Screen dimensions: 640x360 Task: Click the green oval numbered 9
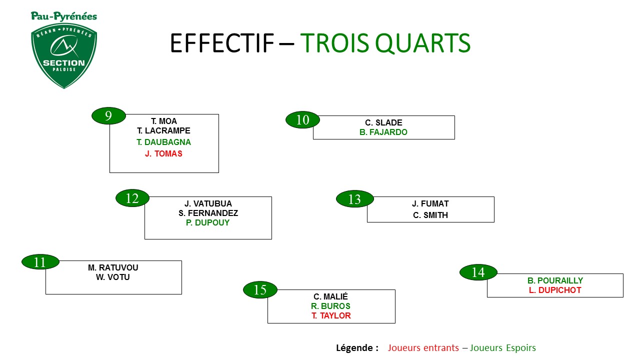(x=108, y=115)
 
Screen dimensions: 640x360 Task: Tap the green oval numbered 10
(x=302, y=119)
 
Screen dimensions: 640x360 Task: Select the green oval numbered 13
(x=355, y=199)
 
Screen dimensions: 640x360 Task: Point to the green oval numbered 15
(x=260, y=289)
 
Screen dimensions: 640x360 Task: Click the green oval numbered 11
(x=40, y=261)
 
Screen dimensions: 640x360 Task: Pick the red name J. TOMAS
(x=163, y=153)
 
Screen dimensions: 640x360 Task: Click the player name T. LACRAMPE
(x=163, y=131)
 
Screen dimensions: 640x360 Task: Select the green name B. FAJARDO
(x=383, y=132)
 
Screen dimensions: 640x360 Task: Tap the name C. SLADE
(x=383, y=122)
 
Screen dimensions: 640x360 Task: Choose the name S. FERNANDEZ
(x=208, y=213)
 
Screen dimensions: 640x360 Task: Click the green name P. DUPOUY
(x=207, y=222)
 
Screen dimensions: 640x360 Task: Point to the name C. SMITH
(x=430, y=215)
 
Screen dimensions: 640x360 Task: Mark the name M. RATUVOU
(x=113, y=267)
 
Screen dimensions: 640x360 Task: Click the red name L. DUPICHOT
(x=555, y=290)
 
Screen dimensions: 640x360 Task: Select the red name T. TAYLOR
(x=331, y=315)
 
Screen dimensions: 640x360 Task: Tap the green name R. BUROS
(x=330, y=306)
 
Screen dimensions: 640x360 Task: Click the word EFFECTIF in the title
(x=222, y=43)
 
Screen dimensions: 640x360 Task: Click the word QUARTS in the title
(x=422, y=43)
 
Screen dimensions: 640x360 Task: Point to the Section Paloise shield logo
(x=64, y=55)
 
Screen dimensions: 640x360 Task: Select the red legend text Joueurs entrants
(x=423, y=347)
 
